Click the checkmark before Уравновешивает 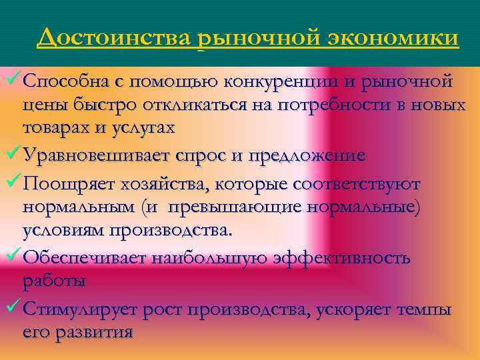(13, 155)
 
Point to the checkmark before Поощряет (13, 181)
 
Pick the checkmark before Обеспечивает (13, 256)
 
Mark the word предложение (306, 156)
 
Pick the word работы (54, 281)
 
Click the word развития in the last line (99, 332)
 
